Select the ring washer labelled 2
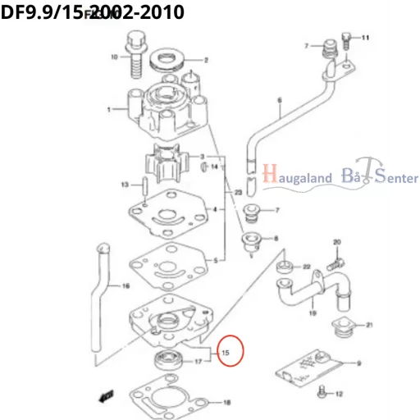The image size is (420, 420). coord(171,59)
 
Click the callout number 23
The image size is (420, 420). coord(238,193)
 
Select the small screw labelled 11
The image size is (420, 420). coord(348,38)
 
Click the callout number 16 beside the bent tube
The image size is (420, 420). coord(126,286)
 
